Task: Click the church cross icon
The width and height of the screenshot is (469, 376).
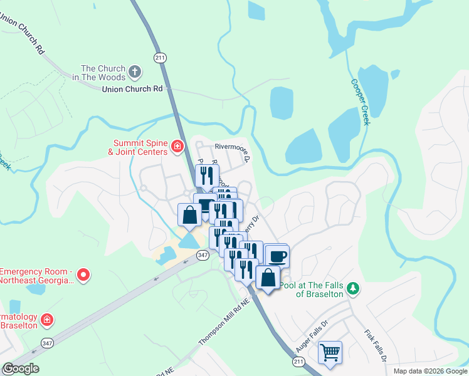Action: [135, 72]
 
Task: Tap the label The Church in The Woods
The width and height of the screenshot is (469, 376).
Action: [102, 73]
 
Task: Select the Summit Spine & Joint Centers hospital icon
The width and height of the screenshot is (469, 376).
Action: [177, 147]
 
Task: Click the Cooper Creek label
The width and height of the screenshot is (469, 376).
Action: [361, 102]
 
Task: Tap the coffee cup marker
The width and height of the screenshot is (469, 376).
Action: [277, 256]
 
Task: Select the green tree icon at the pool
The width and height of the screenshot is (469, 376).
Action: [354, 288]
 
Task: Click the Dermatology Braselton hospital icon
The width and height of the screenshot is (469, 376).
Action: [46, 320]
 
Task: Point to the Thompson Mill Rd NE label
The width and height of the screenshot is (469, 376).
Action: [224, 320]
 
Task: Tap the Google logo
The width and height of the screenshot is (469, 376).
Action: [21, 368]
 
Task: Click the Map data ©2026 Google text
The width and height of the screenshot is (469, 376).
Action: [430, 371]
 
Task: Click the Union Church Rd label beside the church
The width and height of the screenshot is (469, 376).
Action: [132, 90]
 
